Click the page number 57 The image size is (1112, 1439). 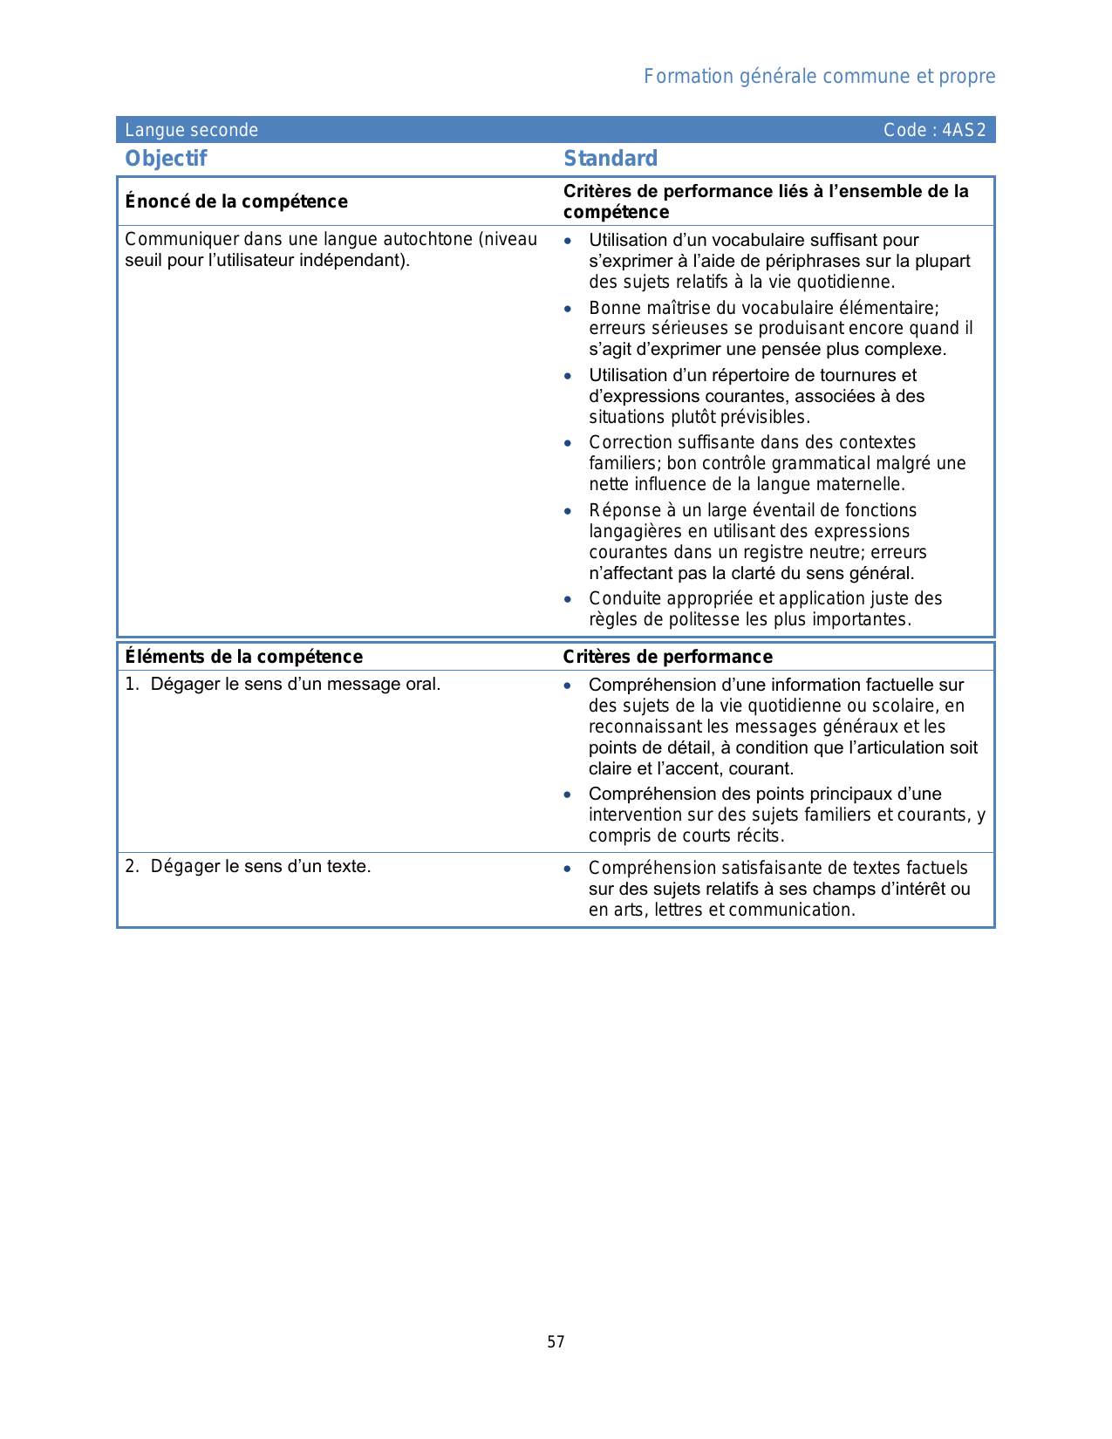[x=556, y=1342]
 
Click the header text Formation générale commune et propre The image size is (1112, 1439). [x=819, y=77]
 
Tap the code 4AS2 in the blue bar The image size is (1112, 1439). [x=964, y=131]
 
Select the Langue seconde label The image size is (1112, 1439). [x=191, y=131]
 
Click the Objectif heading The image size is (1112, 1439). [x=166, y=159]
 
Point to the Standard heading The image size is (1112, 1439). [x=611, y=159]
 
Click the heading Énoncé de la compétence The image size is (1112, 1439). [x=235, y=201]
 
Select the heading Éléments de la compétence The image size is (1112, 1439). [x=243, y=657]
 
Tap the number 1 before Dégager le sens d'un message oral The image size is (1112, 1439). [x=130, y=685]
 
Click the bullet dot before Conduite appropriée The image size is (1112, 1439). [x=568, y=599]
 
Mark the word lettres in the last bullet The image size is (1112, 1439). [x=679, y=910]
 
